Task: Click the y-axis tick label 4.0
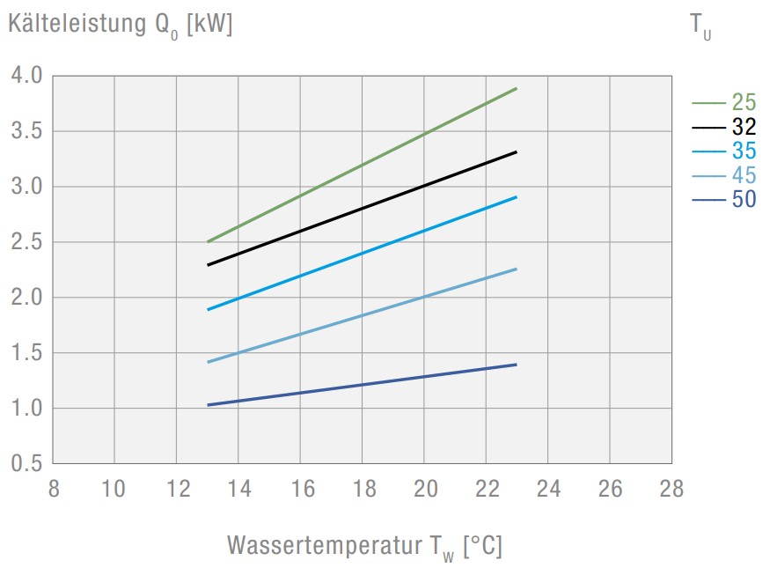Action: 26,76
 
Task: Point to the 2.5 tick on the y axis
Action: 26,242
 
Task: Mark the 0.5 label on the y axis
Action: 26,463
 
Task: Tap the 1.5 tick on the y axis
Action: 26,353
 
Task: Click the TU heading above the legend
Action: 700,27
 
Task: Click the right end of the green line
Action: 516,89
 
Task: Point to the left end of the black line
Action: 208,264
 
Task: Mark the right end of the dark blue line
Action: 516,364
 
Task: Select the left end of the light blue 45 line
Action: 208,362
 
